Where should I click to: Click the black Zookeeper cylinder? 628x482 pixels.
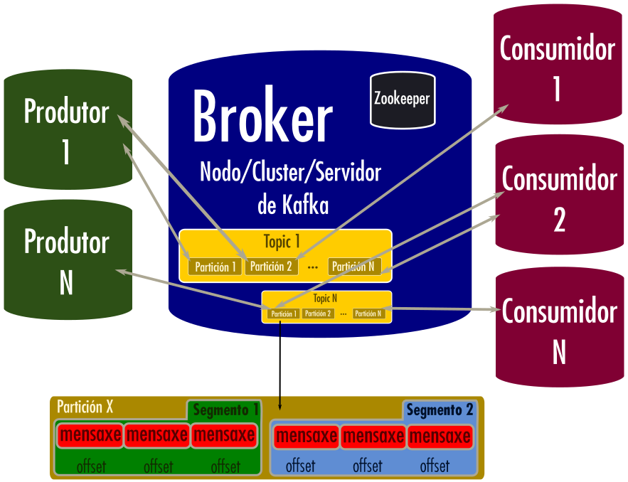click(402, 100)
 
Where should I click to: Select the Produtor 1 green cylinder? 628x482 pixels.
click(67, 132)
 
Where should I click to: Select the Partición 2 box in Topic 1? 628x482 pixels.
click(271, 267)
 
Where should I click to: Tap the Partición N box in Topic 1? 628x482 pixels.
click(353, 267)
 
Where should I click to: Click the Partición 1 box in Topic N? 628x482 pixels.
click(283, 314)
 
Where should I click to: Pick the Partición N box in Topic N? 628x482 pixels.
click(368, 314)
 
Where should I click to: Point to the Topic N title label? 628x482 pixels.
click(325, 299)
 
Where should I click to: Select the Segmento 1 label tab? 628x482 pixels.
click(225, 410)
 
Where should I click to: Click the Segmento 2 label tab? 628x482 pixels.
click(440, 410)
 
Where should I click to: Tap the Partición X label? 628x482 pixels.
click(85, 407)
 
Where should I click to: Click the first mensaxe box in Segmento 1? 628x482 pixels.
click(90, 434)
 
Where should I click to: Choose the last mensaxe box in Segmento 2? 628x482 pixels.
click(439, 436)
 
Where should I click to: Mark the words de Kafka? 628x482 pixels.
click(293, 205)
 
